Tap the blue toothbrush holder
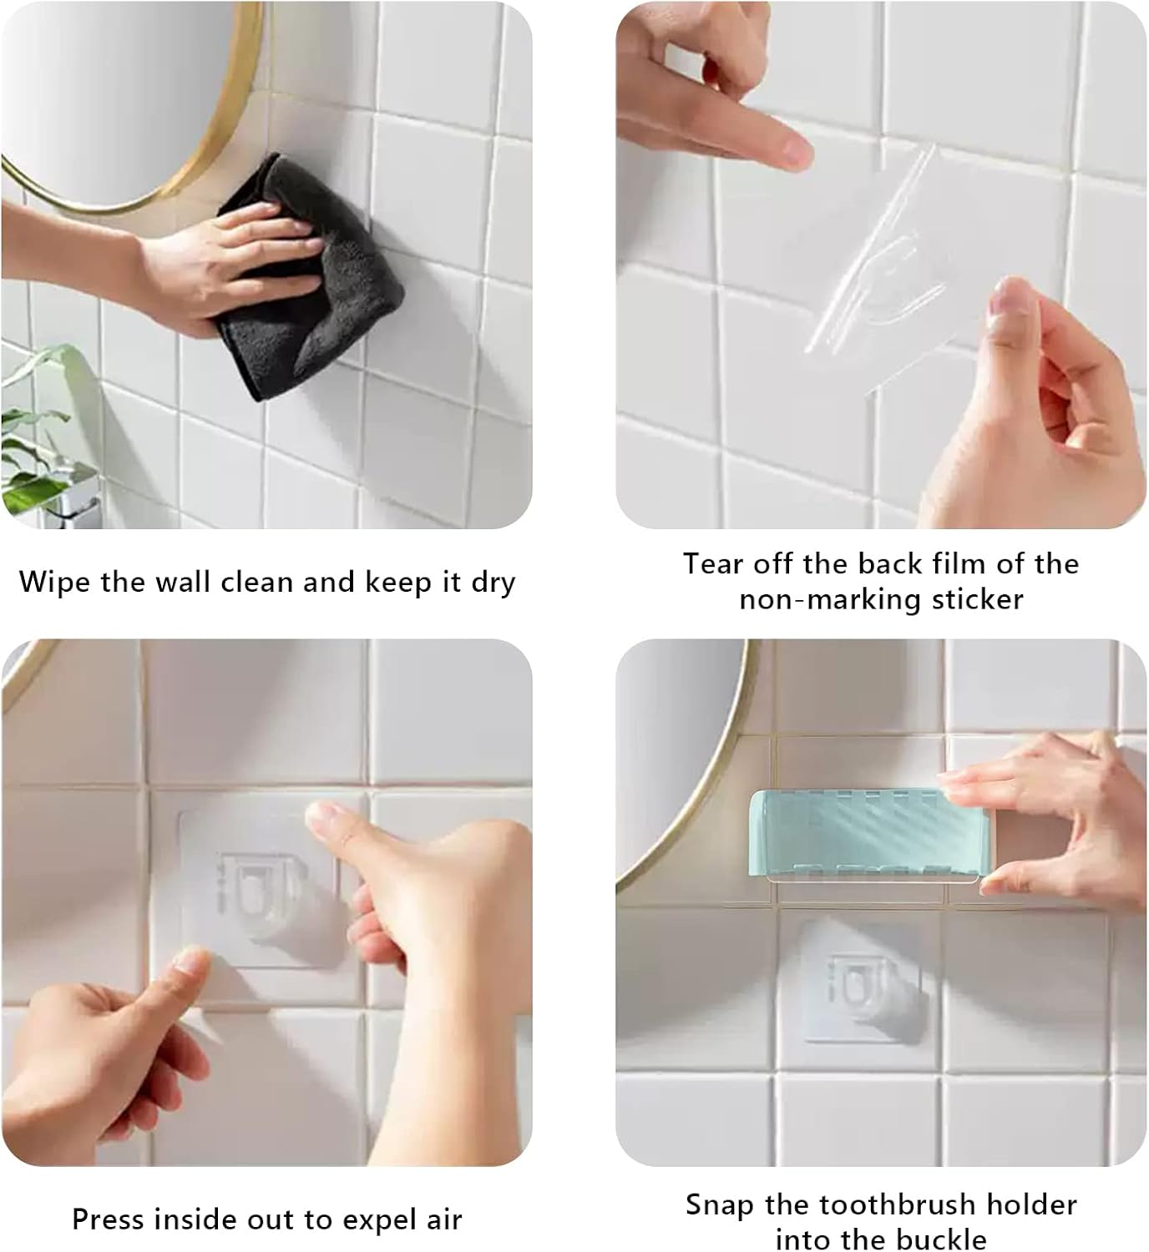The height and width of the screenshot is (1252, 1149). [843, 835]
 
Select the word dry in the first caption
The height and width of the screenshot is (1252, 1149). [493, 583]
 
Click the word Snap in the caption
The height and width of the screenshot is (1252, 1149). [721, 1204]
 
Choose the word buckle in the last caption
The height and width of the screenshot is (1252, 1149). [937, 1238]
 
